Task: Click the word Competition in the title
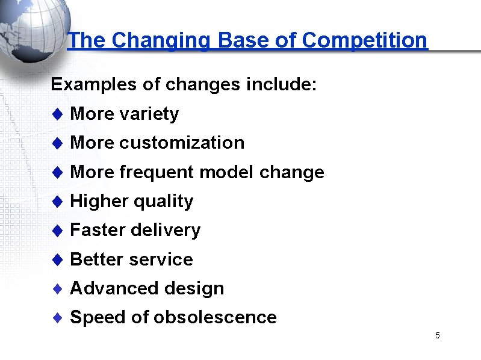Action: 364,40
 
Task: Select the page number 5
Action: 438,335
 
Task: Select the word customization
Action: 182,143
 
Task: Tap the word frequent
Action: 157,172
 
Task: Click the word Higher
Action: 99,201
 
